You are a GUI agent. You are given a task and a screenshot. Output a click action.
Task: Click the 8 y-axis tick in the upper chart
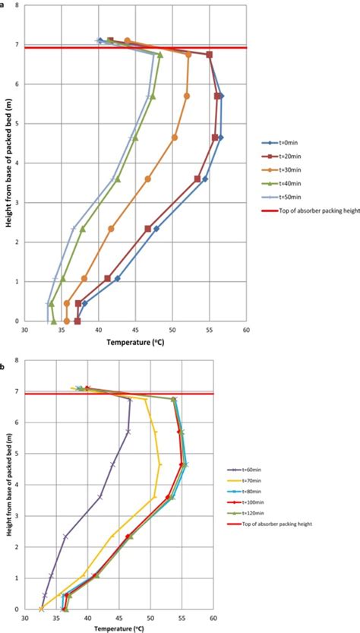tap(17, 5)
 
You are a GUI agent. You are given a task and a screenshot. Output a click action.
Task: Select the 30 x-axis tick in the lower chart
tap(24, 619)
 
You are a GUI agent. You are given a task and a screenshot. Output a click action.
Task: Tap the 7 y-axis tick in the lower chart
tap(17, 391)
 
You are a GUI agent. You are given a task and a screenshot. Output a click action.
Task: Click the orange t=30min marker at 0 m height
tap(67, 321)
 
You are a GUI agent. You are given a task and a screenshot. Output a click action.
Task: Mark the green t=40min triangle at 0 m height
tap(53, 321)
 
